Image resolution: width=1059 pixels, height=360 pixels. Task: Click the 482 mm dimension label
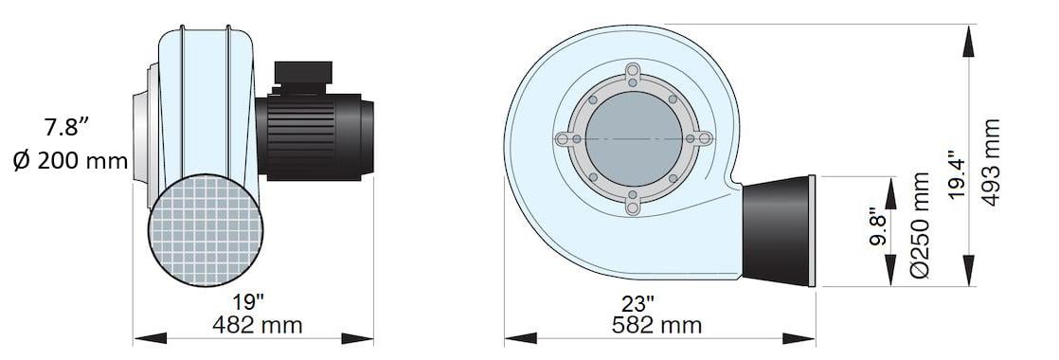click(x=258, y=325)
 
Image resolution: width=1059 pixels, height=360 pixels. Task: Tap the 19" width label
click(x=248, y=302)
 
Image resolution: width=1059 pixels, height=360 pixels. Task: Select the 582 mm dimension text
click(x=656, y=325)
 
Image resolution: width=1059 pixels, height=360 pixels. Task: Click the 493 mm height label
click(x=991, y=163)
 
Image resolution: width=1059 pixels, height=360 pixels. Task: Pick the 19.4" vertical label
click(x=957, y=174)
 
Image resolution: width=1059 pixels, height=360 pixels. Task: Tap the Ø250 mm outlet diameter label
click(x=920, y=225)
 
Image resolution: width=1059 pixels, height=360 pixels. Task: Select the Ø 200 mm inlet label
click(x=70, y=161)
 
